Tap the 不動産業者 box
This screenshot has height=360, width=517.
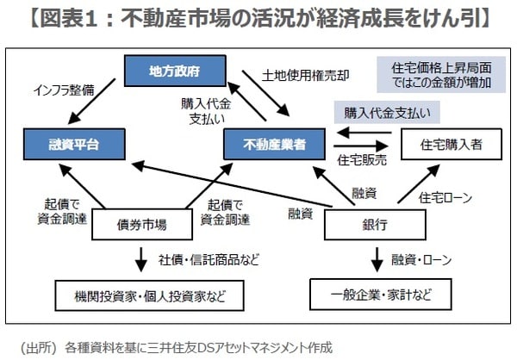tap(276, 141)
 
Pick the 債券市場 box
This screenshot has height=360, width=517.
tap(142, 226)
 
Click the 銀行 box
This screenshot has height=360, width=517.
tap(374, 226)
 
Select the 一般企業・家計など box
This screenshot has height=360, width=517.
tap(380, 295)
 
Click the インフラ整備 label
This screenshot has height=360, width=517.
tap(63, 89)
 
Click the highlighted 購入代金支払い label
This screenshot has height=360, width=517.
tap(387, 113)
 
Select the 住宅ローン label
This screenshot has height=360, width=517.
tap(445, 197)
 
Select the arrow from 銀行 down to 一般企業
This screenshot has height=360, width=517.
tap(376, 258)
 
